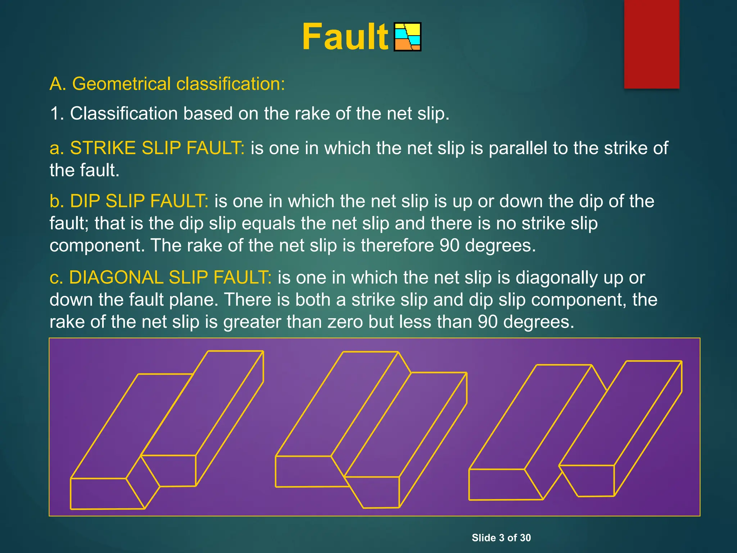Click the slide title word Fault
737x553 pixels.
[x=345, y=37]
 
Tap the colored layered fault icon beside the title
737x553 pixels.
[x=407, y=37]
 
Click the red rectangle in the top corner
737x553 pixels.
[x=651, y=44]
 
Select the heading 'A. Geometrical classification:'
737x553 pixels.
[x=167, y=84]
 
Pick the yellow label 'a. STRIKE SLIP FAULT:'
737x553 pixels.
[x=147, y=148]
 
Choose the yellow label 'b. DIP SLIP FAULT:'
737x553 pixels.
[x=129, y=201]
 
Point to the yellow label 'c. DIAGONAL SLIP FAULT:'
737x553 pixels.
[x=160, y=278]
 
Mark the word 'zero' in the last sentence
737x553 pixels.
[x=345, y=322]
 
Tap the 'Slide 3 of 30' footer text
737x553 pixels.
[x=501, y=538]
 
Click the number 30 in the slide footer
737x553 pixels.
[x=525, y=538]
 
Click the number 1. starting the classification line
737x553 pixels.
[x=57, y=114]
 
